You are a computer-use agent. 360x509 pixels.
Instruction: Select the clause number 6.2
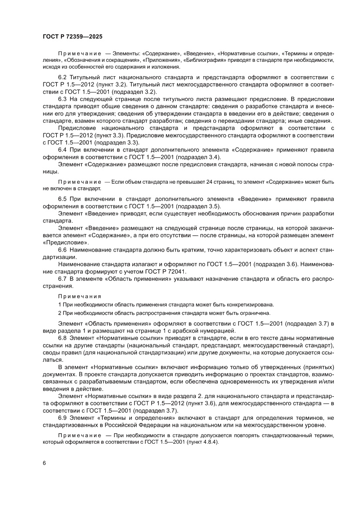tap(63, 77)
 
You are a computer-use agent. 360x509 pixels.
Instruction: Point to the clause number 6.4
tap(63, 150)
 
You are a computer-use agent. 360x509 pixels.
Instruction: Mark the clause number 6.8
tap(63, 338)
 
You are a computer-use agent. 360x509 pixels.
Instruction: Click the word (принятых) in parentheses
tap(316, 367)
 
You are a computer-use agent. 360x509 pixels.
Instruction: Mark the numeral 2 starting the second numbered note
tap(60, 313)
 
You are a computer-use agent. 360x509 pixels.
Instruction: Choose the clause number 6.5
tap(63, 199)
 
